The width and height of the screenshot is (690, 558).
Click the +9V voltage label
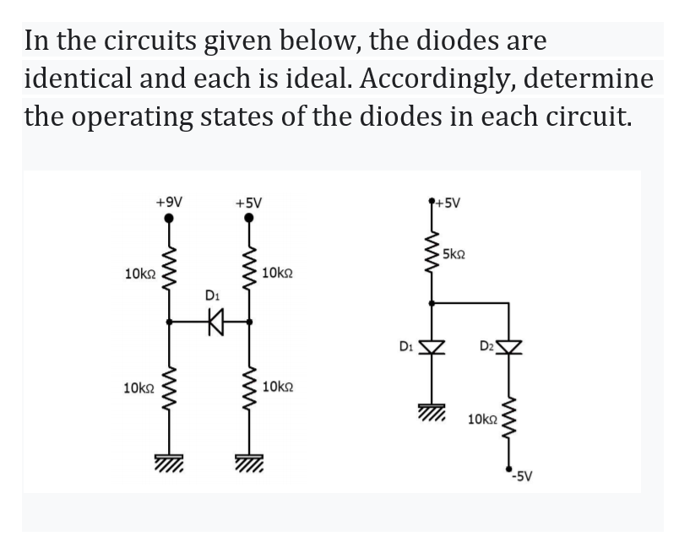click(170, 202)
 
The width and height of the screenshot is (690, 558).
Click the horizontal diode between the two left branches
click(215, 321)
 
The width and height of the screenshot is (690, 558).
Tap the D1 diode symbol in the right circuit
click(432, 346)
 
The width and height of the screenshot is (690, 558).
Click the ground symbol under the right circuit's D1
click(432, 409)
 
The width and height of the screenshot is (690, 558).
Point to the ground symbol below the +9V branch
click(170, 461)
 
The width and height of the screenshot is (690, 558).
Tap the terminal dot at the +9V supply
click(170, 218)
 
